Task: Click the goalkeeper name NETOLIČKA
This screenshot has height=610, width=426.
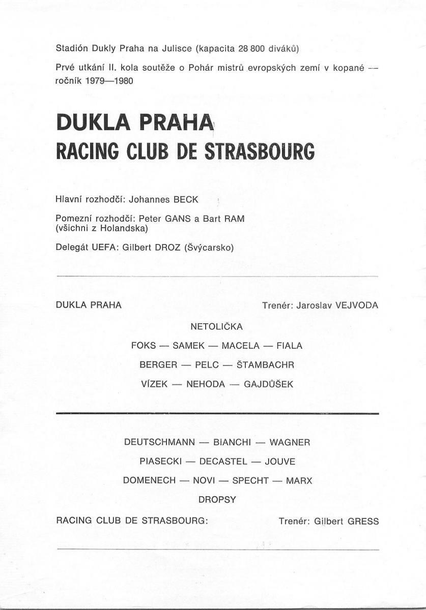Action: coord(217,326)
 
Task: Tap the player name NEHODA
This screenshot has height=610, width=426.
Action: coord(206,384)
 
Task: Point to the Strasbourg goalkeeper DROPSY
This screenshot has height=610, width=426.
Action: coord(217,499)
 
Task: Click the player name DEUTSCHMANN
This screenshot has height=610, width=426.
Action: coord(159,442)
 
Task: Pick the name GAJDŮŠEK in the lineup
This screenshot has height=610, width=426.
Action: coord(269,384)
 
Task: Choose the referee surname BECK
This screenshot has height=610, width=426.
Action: coord(186,200)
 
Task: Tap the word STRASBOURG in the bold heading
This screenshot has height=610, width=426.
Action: coord(260,151)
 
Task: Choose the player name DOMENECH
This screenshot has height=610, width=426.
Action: coord(149,480)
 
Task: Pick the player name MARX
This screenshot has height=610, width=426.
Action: coord(299,480)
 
